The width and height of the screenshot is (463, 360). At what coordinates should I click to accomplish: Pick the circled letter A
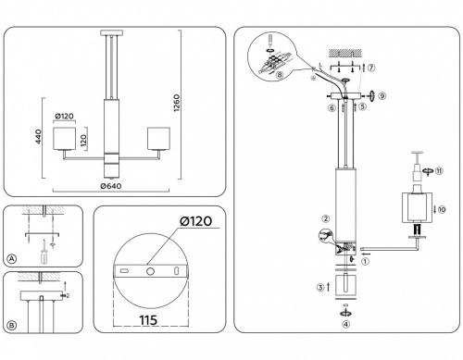[x=11, y=258]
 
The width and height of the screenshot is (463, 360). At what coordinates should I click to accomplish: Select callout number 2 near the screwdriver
[x=325, y=219]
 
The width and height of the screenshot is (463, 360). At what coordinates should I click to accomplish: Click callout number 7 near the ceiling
[x=370, y=68]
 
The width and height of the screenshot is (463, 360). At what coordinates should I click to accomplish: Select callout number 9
[x=382, y=95]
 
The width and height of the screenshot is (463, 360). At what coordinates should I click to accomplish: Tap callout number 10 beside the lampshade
[x=442, y=210]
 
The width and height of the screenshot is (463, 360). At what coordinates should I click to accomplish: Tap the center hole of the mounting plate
[x=148, y=272]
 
